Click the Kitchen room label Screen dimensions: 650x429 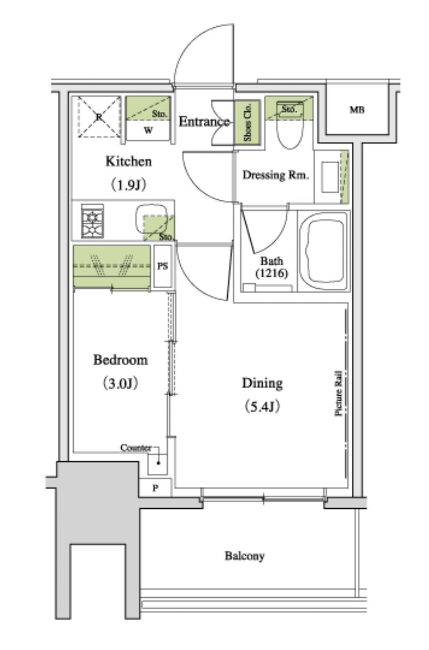tap(128, 161)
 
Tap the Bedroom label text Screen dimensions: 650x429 tap(120, 360)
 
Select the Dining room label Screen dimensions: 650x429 tap(262, 383)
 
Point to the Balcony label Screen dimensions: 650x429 tap(245, 555)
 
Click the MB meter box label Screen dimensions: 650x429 tap(357, 110)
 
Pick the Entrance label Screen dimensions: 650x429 tap(204, 121)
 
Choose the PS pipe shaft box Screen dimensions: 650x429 tap(163, 266)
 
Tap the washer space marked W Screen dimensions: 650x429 tap(148, 131)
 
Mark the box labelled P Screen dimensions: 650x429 tap(155, 488)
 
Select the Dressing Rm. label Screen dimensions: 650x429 tap(275, 176)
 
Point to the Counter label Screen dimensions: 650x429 tap(136, 448)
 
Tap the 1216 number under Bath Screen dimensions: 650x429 tap(272, 273)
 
